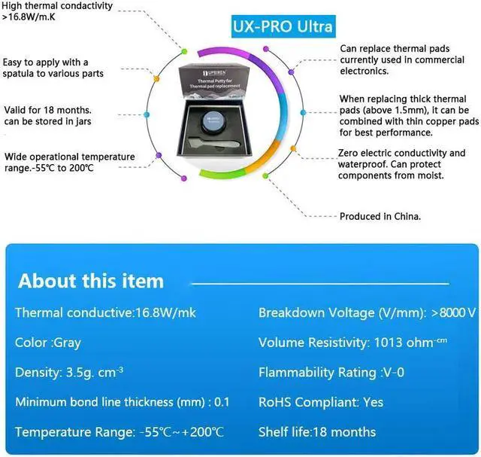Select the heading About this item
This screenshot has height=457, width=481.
pos(90,282)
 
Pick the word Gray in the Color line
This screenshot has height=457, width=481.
pos(68,343)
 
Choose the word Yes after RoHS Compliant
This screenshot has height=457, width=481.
pos(373,402)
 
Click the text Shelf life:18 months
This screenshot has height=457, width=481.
pos(317,432)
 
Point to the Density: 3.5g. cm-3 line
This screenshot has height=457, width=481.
pos(69,373)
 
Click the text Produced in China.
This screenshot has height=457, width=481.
pos(380,216)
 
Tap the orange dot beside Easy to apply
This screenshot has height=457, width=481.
pos(156,78)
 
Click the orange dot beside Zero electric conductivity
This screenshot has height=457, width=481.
pos(294,149)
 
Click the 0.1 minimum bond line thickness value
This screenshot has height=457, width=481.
pos(222,402)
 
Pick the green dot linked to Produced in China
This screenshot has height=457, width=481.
pos(265,175)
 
